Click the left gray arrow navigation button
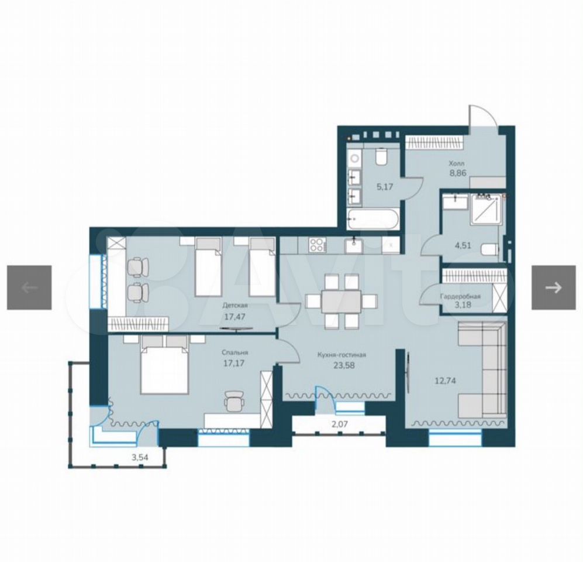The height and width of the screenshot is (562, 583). [29, 287]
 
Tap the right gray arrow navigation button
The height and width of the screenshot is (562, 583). [554, 287]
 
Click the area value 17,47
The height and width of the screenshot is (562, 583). [234, 317]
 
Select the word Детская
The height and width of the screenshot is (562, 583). [235, 306]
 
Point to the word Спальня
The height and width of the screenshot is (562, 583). [234, 352]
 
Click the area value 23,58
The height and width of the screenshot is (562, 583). [344, 365]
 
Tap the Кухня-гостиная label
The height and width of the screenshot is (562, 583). [341, 355]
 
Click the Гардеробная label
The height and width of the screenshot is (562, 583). [460, 297]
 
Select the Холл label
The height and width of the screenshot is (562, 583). [457, 163]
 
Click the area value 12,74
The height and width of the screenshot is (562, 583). [446, 381]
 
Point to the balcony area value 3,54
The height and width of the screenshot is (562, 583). [140, 457]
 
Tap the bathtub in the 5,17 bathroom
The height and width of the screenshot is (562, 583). [372, 218]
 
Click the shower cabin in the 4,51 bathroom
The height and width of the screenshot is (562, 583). [486, 209]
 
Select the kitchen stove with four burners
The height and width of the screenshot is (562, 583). [317, 245]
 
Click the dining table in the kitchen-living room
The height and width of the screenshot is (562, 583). [341, 301]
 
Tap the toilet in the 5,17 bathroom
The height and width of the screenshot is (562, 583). [381, 157]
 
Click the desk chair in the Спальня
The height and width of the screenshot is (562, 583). [234, 401]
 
